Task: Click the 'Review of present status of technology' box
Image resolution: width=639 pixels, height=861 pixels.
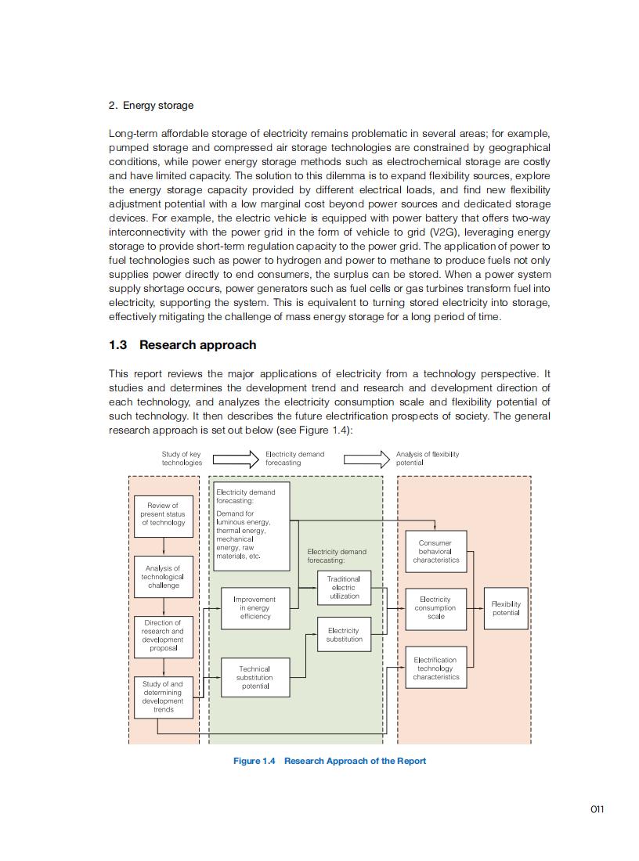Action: pyautogui.click(x=163, y=515)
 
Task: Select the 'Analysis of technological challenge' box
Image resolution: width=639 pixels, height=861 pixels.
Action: pyautogui.click(x=163, y=577)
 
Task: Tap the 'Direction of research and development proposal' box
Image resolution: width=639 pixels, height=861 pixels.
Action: pyautogui.click(x=163, y=636)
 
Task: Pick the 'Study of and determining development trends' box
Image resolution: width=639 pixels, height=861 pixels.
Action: pyautogui.click(x=163, y=696)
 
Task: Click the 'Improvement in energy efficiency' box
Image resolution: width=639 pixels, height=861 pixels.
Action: pyautogui.click(x=255, y=608)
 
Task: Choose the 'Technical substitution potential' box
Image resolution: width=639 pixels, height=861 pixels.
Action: pyautogui.click(x=255, y=678)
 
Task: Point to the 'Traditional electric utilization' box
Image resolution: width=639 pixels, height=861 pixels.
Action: pyautogui.click(x=344, y=588)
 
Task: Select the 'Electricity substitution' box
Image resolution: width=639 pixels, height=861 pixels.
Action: pyautogui.click(x=344, y=635)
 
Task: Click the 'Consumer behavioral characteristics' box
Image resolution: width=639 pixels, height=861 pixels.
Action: pyautogui.click(x=435, y=551)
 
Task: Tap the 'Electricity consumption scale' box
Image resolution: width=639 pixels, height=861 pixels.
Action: pyautogui.click(x=435, y=608)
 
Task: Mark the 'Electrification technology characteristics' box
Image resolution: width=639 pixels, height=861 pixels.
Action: pyautogui.click(x=435, y=668)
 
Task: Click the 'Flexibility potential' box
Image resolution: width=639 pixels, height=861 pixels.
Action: pyautogui.click(x=506, y=608)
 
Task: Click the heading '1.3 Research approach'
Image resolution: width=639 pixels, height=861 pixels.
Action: pyautogui.click(x=182, y=345)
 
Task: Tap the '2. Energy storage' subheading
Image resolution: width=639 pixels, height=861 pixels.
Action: pyautogui.click(x=151, y=106)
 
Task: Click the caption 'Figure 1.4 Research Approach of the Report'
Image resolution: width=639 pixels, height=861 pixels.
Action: pyautogui.click(x=330, y=761)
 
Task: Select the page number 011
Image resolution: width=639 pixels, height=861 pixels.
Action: pyautogui.click(x=597, y=809)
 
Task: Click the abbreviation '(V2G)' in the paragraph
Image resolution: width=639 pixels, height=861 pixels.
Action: pyautogui.click(x=446, y=232)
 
